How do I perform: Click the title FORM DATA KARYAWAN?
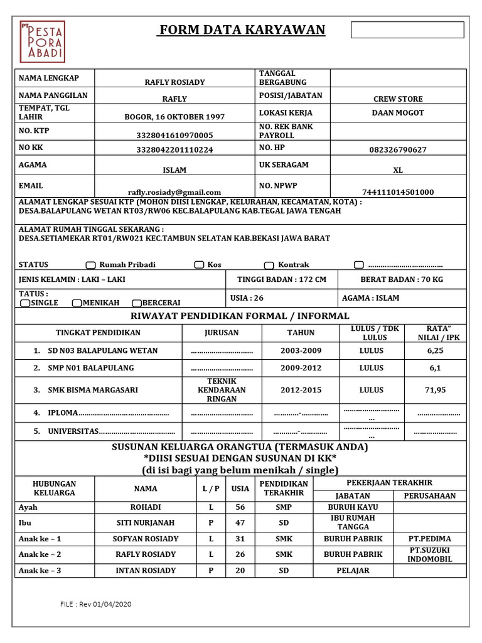tap(242, 30)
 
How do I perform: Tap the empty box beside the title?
tap(407, 30)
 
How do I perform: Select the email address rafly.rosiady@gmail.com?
tap(174, 192)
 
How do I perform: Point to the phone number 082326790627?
tap(397, 150)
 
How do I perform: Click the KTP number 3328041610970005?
tap(174, 135)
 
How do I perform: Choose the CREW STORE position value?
tap(397, 99)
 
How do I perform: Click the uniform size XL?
tap(397, 170)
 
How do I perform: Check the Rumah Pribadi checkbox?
tap(90, 265)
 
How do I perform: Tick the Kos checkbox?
tap(199, 265)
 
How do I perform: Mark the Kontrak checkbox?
tap(269, 265)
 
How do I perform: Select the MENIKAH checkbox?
tap(77, 303)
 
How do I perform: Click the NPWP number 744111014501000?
tap(397, 192)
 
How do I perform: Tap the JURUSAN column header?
tap(222, 333)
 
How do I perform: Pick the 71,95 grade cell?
tap(435, 390)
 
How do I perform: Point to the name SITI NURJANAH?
tap(145, 522)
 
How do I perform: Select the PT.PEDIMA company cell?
tap(429, 539)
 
